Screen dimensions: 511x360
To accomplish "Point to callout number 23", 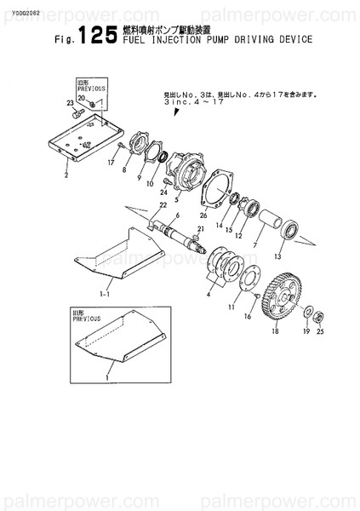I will pos(70,102).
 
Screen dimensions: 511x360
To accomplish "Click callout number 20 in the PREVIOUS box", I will pos(81,99).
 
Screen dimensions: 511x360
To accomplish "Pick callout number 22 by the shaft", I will pos(163,205).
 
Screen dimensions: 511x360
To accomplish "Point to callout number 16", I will pos(248,316).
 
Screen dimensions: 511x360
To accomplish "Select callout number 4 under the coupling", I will pos(209,295).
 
